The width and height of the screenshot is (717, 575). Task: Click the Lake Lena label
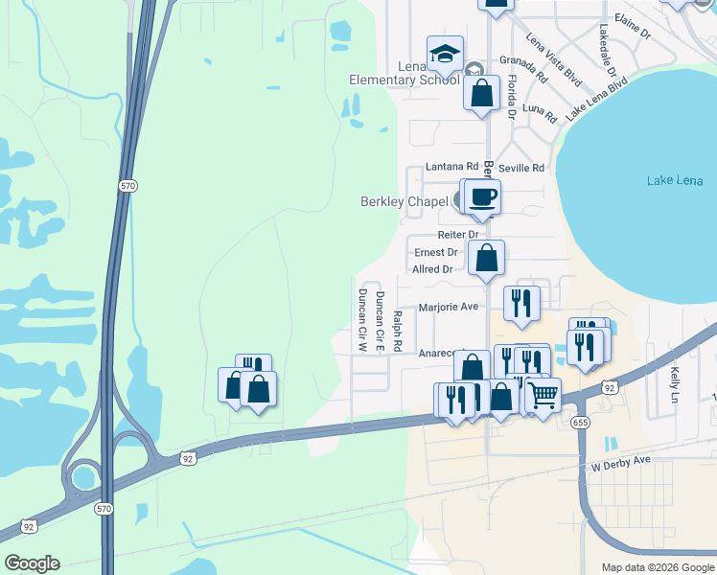(x=675, y=180)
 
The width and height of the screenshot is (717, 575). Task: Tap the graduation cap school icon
(x=444, y=55)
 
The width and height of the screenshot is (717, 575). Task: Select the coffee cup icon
(x=483, y=197)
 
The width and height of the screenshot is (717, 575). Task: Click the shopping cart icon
(x=543, y=393)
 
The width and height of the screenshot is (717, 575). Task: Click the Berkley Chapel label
(x=404, y=201)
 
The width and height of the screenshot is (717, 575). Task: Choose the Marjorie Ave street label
(x=449, y=308)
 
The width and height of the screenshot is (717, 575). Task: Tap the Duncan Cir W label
(x=362, y=320)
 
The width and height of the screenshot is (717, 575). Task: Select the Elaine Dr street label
(x=633, y=32)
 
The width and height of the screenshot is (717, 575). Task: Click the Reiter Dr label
(x=457, y=235)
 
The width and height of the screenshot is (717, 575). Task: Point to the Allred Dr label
(x=432, y=269)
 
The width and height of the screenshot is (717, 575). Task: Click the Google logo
(x=32, y=563)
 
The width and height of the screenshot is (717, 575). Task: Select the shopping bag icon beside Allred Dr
(x=487, y=258)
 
